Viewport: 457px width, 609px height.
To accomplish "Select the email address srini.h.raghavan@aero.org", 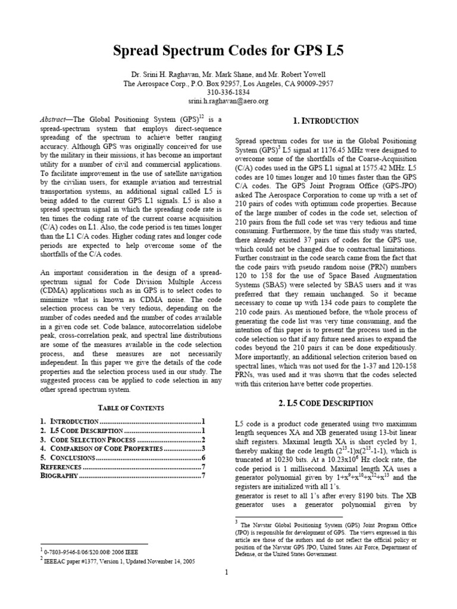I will tap(228, 102).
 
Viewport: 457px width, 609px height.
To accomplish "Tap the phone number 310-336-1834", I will tap(228, 93).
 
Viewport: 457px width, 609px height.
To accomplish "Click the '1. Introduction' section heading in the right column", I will tap(327, 121).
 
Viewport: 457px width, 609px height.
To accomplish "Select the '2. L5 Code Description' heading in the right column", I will tap(326, 403).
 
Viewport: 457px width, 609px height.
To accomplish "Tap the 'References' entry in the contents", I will tap(61, 467).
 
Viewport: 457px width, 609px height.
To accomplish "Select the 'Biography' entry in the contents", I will tap(59, 476).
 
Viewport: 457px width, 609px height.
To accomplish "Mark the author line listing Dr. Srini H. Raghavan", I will tap(228, 75).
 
